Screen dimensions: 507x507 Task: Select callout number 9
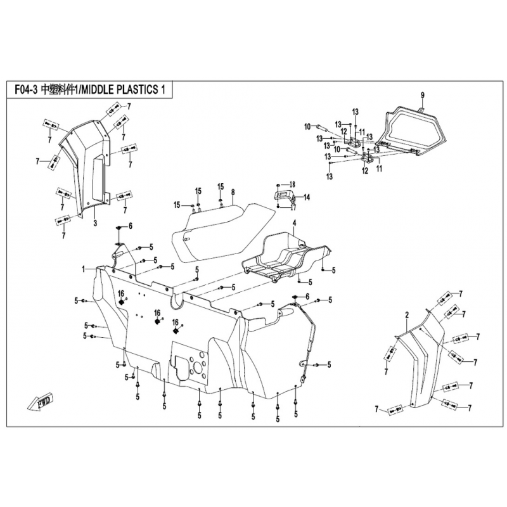click(422, 96)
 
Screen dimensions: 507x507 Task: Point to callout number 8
click(233, 193)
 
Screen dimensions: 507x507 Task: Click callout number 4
click(294, 223)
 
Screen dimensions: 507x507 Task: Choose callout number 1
click(84, 269)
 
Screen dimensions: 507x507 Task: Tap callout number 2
click(407, 315)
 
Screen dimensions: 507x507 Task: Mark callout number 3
click(95, 223)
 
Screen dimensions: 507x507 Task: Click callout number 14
click(307, 197)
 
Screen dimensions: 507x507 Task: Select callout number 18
click(292, 184)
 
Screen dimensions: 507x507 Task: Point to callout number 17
click(293, 207)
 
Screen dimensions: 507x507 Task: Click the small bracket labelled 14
click(282, 196)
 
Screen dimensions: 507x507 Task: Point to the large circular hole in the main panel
click(198, 368)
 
